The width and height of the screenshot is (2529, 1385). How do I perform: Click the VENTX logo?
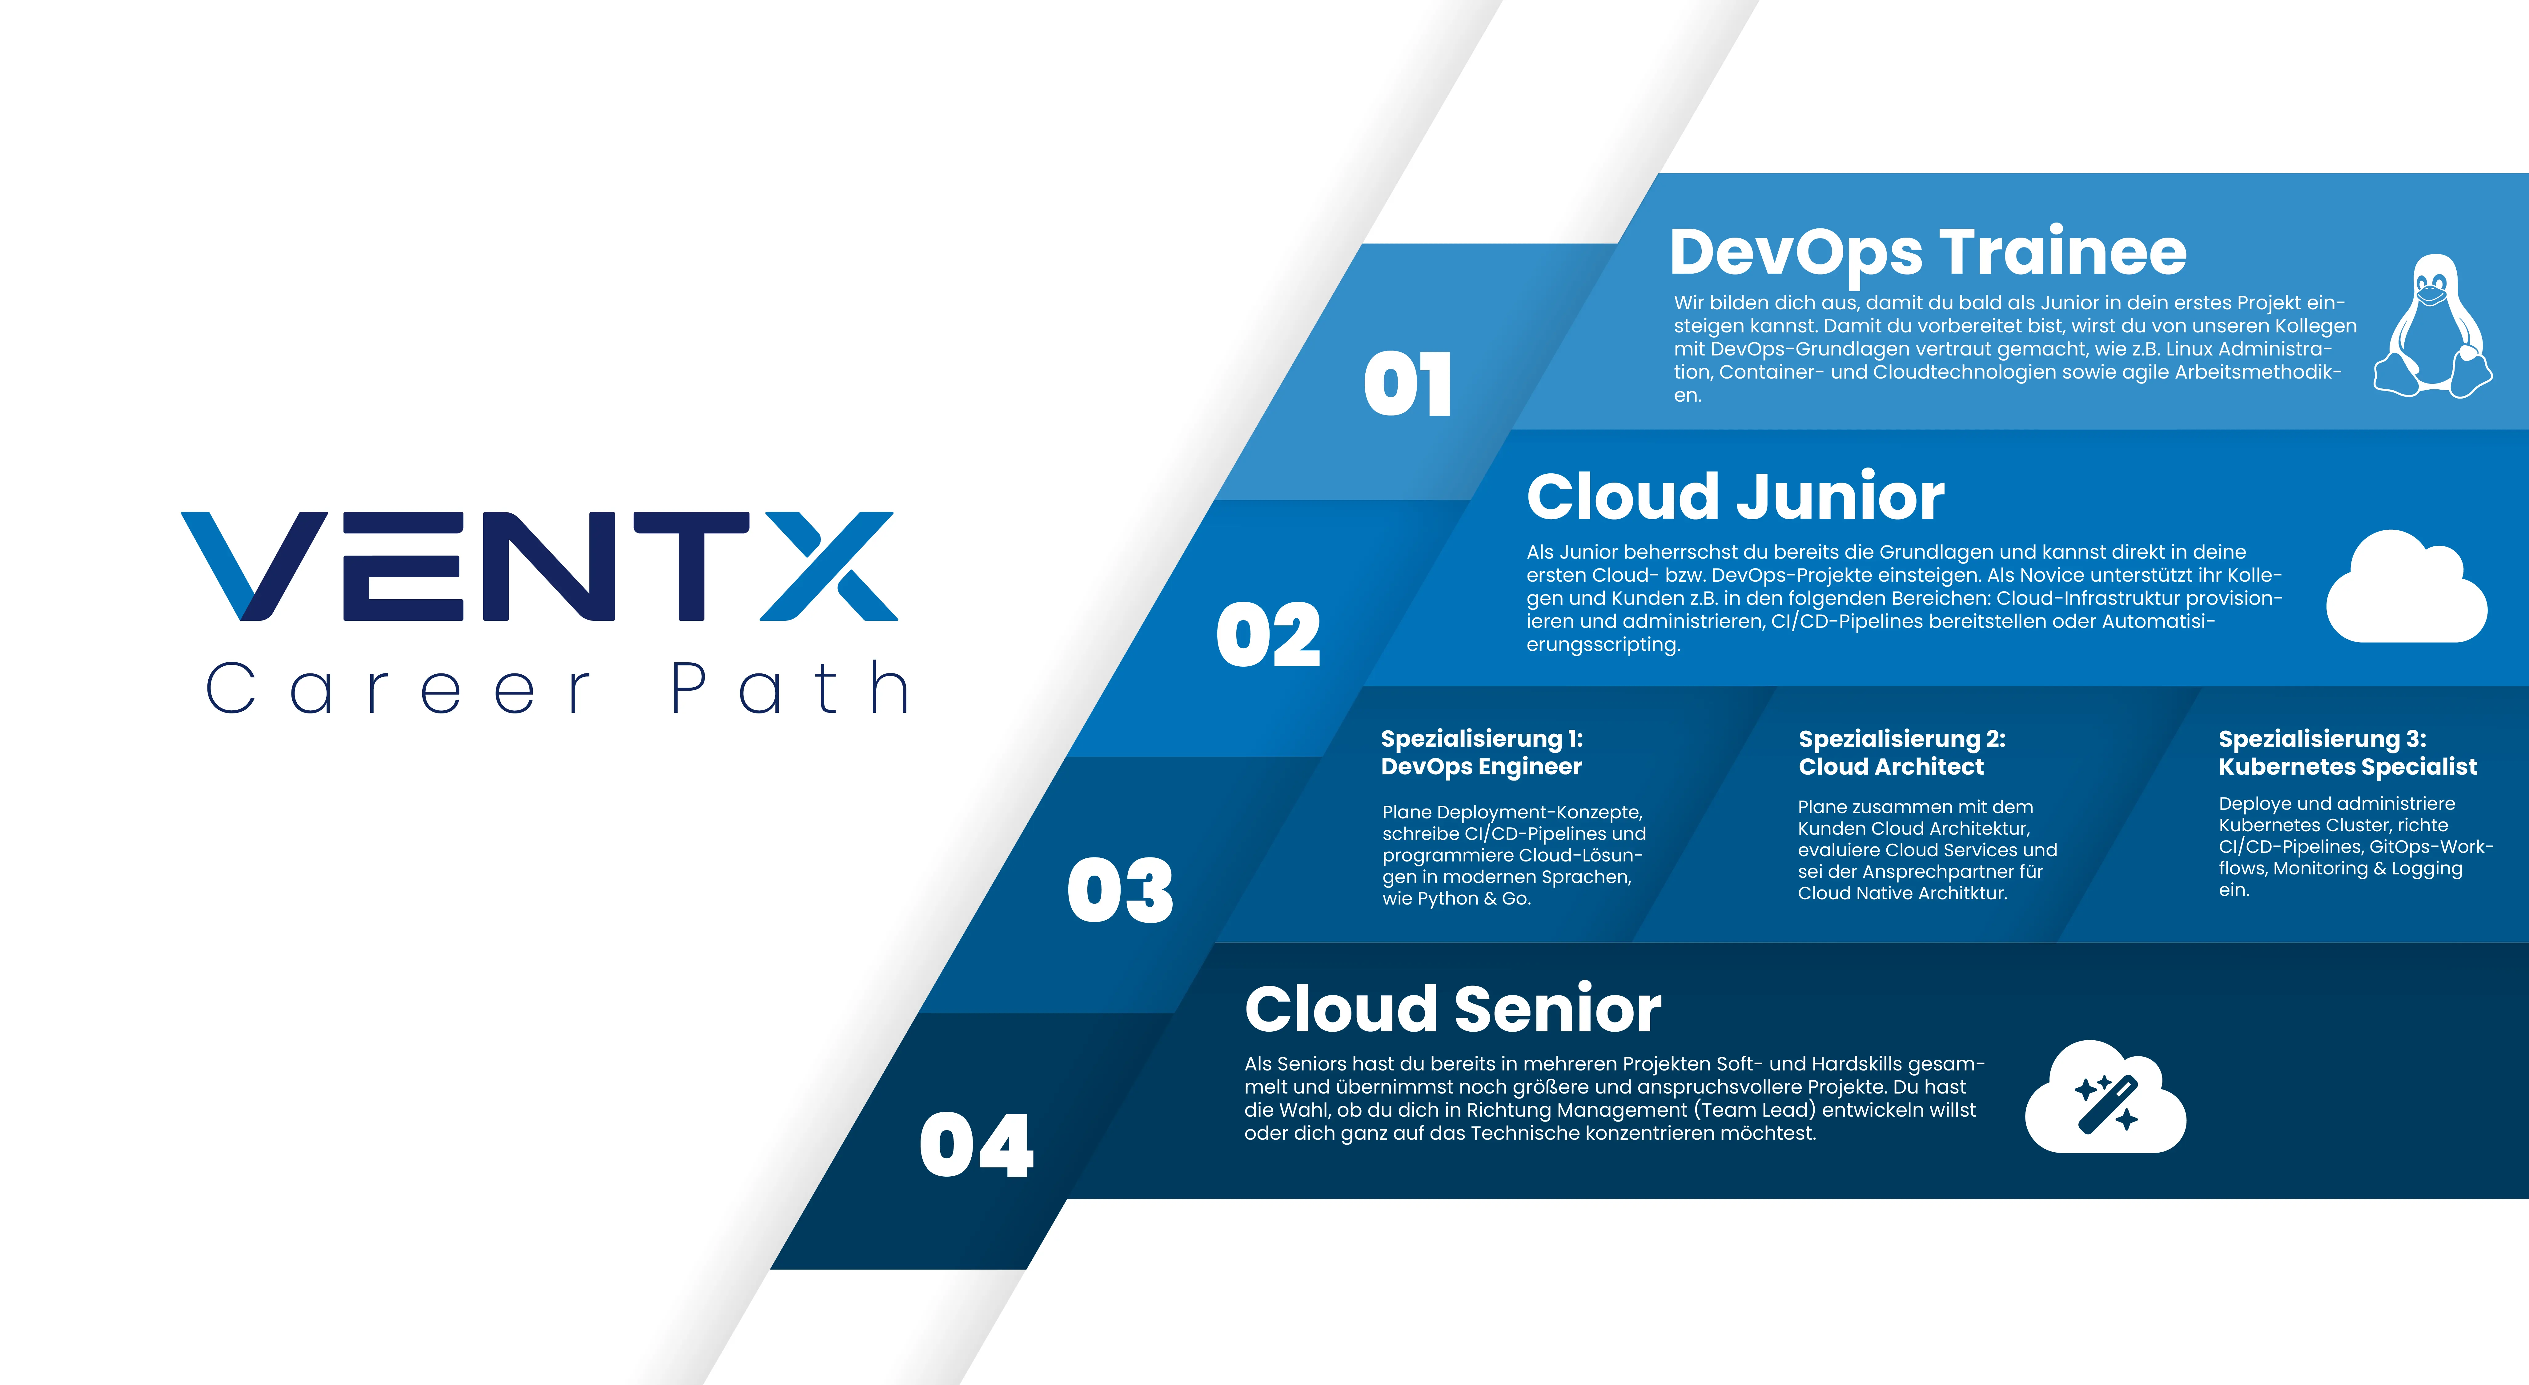pyautogui.click(x=539, y=566)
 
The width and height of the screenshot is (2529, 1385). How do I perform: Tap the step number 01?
pyautogui.click(x=1408, y=384)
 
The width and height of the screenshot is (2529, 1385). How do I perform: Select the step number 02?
pyautogui.click(x=1268, y=635)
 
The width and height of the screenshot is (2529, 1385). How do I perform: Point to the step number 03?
pyautogui.click(x=1120, y=890)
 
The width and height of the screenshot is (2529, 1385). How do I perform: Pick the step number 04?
pyautogui.click(x=977, y=1146)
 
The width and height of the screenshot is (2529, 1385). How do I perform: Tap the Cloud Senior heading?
pyautogui.click(x=1453, y=1009)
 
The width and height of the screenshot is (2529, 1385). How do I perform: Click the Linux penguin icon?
pyautogui.click(x=2433, y=327)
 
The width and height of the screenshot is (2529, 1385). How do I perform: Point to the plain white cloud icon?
pyautogui.click(x=2406, y=587)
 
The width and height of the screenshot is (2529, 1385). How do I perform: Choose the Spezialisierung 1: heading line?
pyautogui.click(x=1481, y=739)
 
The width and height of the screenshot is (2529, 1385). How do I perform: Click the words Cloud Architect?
pyautogui.click(x=1891, y=767)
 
